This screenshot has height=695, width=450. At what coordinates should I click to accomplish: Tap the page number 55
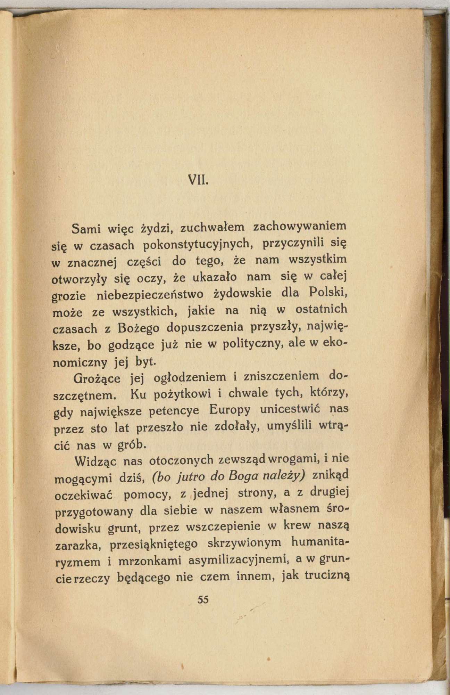tap(202, 599)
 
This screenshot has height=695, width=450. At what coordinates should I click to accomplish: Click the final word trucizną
tap(326, 575)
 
